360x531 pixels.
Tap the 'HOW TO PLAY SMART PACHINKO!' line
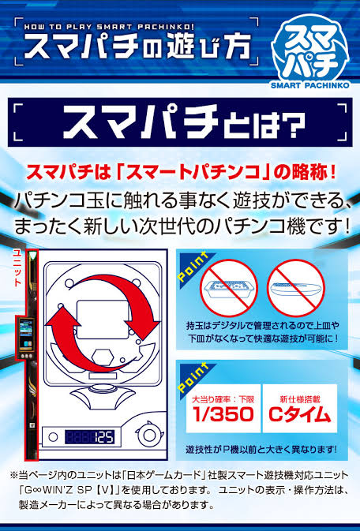[109, 27]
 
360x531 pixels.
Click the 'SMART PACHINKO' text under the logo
[309, 85]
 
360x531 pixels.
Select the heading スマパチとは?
[184, 122]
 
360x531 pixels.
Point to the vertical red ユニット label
[17, 268]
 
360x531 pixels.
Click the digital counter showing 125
[89, 437]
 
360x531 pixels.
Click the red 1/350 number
[223, 414]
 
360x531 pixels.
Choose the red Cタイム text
[300, 414]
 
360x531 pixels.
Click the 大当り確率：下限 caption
[223, 399]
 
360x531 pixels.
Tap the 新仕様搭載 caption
[300, 399]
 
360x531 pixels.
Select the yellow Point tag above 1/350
[193, 378]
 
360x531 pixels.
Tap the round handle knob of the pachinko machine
[149, 435]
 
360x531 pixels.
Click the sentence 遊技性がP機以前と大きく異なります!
[261, 450]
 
